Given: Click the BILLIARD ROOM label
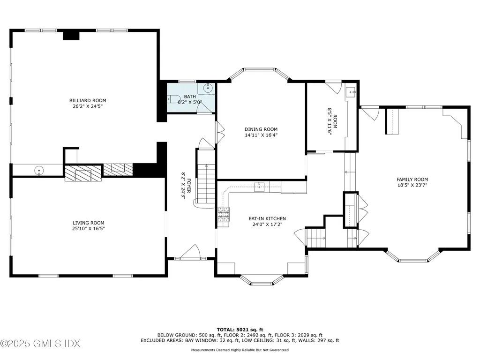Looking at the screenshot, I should (x=88, y=100).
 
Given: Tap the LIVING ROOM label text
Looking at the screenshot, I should (x=88, y=223).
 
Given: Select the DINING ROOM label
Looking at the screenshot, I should (x=261, y=129).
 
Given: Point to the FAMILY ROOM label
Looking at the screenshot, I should (x=412, y=179).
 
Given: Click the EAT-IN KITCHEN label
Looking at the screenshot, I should (x=267, y=218).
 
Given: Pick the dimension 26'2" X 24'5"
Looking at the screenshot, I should (x=88, y=106).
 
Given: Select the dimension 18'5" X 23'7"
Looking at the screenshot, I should (x=412, y=185).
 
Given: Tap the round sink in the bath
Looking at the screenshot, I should (x=209, y=88).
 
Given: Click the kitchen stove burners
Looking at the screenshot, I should (x=223, y=215).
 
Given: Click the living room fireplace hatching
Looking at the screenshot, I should (x=82, y=174).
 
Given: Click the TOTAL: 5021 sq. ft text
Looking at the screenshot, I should (x=240, y=330).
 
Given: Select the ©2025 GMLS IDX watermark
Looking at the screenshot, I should (x=40, y=344).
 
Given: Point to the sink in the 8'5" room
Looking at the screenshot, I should (x=350, y=92).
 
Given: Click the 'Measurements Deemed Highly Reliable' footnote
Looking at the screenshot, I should (x=240, y=350).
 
